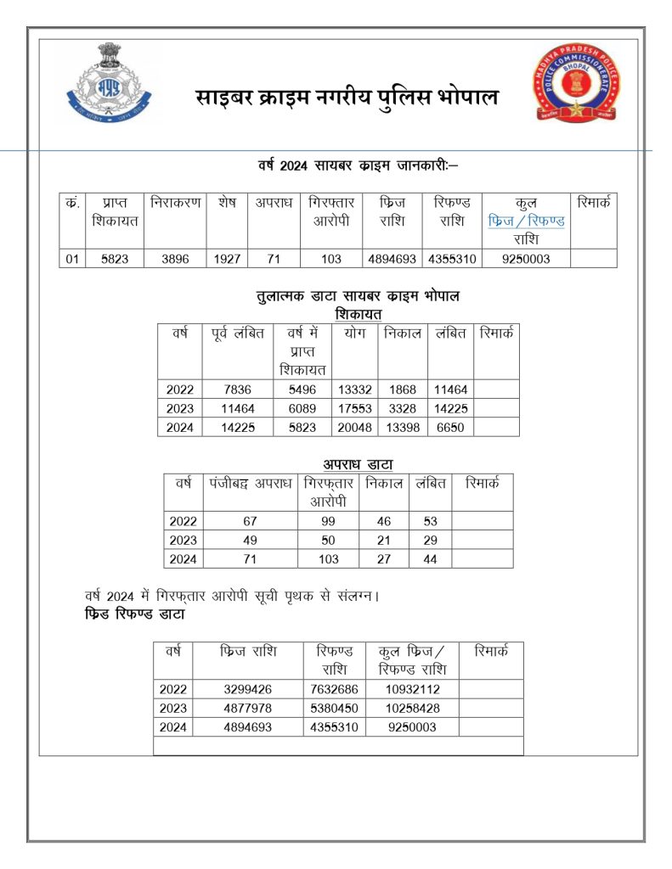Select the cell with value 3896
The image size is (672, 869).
[x=177, y=259]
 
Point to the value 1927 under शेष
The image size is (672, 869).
[x=227, y=259]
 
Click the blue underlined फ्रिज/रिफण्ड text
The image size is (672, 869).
[x=527, y=221]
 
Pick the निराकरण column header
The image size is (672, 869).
[x=176, y=204]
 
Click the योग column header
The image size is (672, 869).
[x=354, y=334]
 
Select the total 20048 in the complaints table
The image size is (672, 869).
[x=354, y=427]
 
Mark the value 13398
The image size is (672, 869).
[x=403, y=427]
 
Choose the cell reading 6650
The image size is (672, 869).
[x=449, y=427]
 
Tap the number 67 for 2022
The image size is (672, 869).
[x=251, y=521]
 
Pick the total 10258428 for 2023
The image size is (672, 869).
[x=412, y=708]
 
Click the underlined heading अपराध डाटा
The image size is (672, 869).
[x=357, y=464]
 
